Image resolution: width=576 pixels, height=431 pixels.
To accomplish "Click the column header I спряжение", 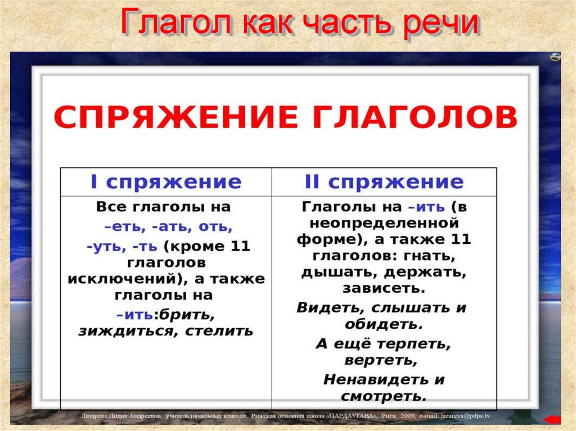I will click(166, 182).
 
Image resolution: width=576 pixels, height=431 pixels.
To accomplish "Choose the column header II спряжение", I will click(384, 182).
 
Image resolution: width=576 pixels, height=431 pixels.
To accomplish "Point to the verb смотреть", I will click(382, 396).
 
